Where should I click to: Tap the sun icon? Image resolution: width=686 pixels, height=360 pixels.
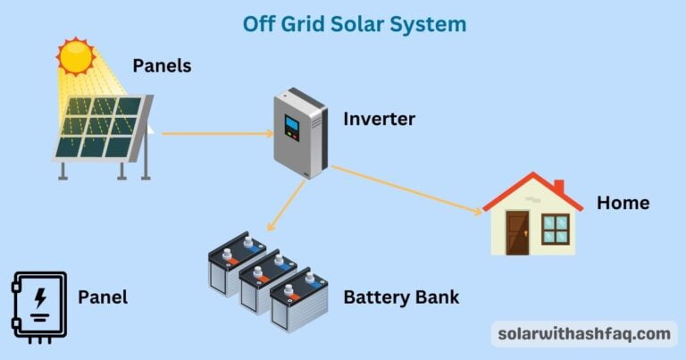(76, 55)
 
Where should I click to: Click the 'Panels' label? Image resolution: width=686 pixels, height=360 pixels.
(162, 65)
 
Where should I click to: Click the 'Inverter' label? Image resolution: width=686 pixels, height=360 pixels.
(379, 118)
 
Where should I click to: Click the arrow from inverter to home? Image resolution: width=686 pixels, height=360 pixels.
(406, 189)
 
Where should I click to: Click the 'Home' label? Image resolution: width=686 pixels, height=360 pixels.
(623, 203)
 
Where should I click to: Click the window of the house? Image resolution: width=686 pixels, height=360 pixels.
(556, 230)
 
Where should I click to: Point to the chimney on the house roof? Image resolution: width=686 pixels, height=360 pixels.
(558, 188)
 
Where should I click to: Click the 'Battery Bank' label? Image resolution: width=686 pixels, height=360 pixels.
(401, 297)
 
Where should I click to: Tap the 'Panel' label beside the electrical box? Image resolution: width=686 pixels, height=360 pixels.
(103, 297)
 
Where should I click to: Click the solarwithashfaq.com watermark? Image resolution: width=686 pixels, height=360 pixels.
(583, 333)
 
